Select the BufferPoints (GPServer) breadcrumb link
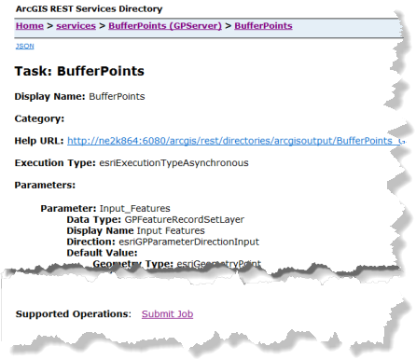click(x=163, y=26)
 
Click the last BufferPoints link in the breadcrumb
click(x=263, y=26)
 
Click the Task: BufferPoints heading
click(x=79, y=70)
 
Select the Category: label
click(x=40, y=118)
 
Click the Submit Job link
click(x=167, y=314)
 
